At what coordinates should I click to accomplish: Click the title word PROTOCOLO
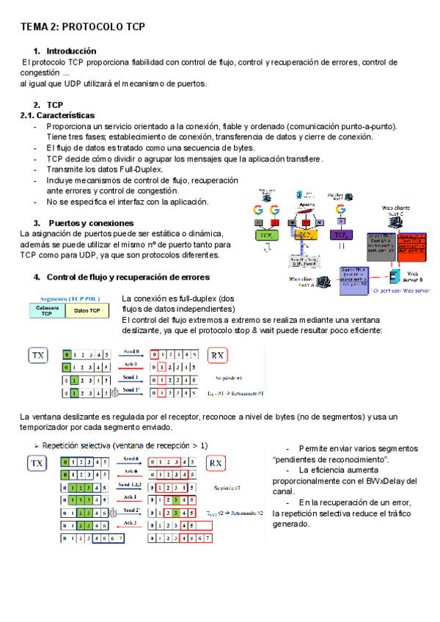[94, 26]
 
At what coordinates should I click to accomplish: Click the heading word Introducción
[71, 51]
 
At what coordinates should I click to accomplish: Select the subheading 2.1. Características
[57, 115]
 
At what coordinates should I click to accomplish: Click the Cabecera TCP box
[46, 311]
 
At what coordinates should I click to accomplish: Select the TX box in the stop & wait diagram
[38, 356]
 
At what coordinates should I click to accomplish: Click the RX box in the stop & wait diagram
[217, 356]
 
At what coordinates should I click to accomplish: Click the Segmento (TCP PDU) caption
[67, 299]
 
